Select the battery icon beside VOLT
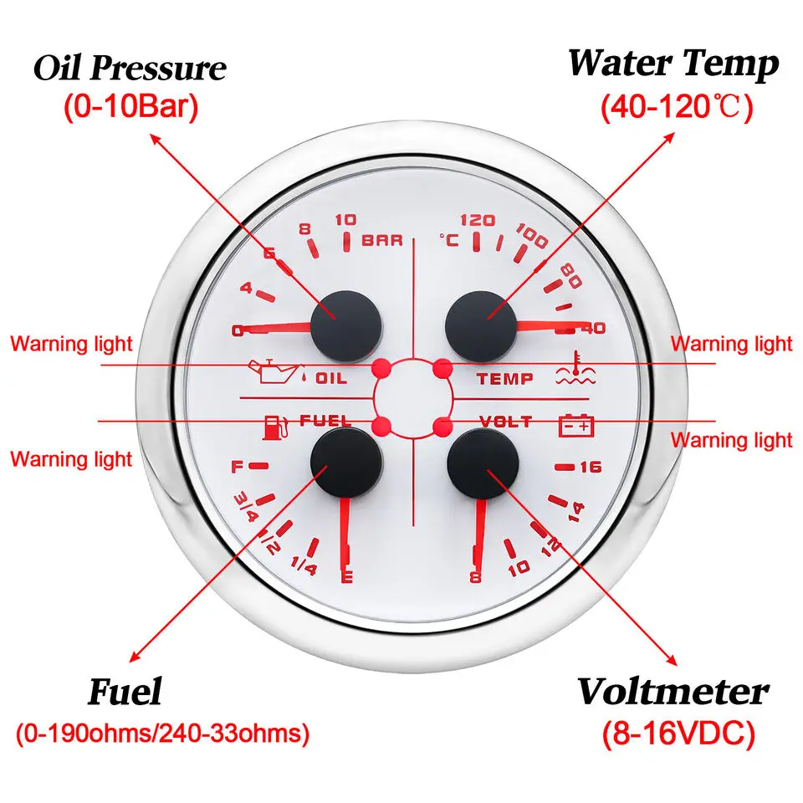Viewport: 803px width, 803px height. pyautogui.click(x=576, y=426)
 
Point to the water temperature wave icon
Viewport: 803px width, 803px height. pyautogui.click(x=575, y=368)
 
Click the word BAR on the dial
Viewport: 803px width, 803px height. pyautogui.click(x=382, y=240)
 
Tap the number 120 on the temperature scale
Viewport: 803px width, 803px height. pyautogui.click(x=478, y=220)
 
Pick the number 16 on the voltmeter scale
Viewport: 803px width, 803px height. pyautogui.click(x=591, y=467)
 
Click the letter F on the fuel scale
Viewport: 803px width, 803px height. pyautogui.click(x=237, y=467)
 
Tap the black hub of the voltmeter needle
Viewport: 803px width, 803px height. pyautogui.click(x=483, y=464)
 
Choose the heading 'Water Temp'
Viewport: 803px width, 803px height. pyautogui.click(x=673, y=64)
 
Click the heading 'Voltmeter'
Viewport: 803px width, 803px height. pyautogui.click(x=673, y=692)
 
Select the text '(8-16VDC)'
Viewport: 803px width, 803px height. pyautogui.click(x=678, y=734)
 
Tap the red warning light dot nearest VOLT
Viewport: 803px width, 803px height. pyautogui.click(x=443, y=427)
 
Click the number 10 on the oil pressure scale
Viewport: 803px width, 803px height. pyautogui.click(x=345, y=220)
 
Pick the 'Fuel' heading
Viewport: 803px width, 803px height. pyautogui.click(x=125, y=692)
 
